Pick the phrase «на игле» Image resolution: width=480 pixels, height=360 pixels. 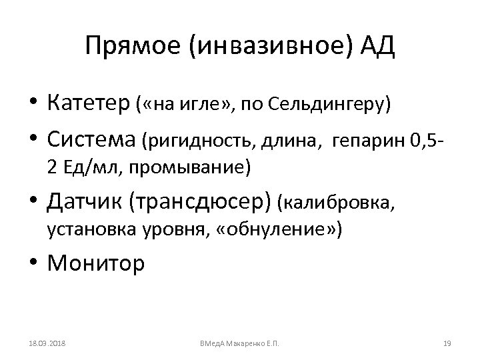click(185, 104)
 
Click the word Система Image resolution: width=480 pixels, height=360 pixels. click(91, 139)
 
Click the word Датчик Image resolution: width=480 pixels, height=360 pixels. click(84, 199)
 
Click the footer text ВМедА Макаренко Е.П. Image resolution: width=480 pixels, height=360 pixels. click(239, 343)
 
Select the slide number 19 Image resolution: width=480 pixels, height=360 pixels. click(447, 343)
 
